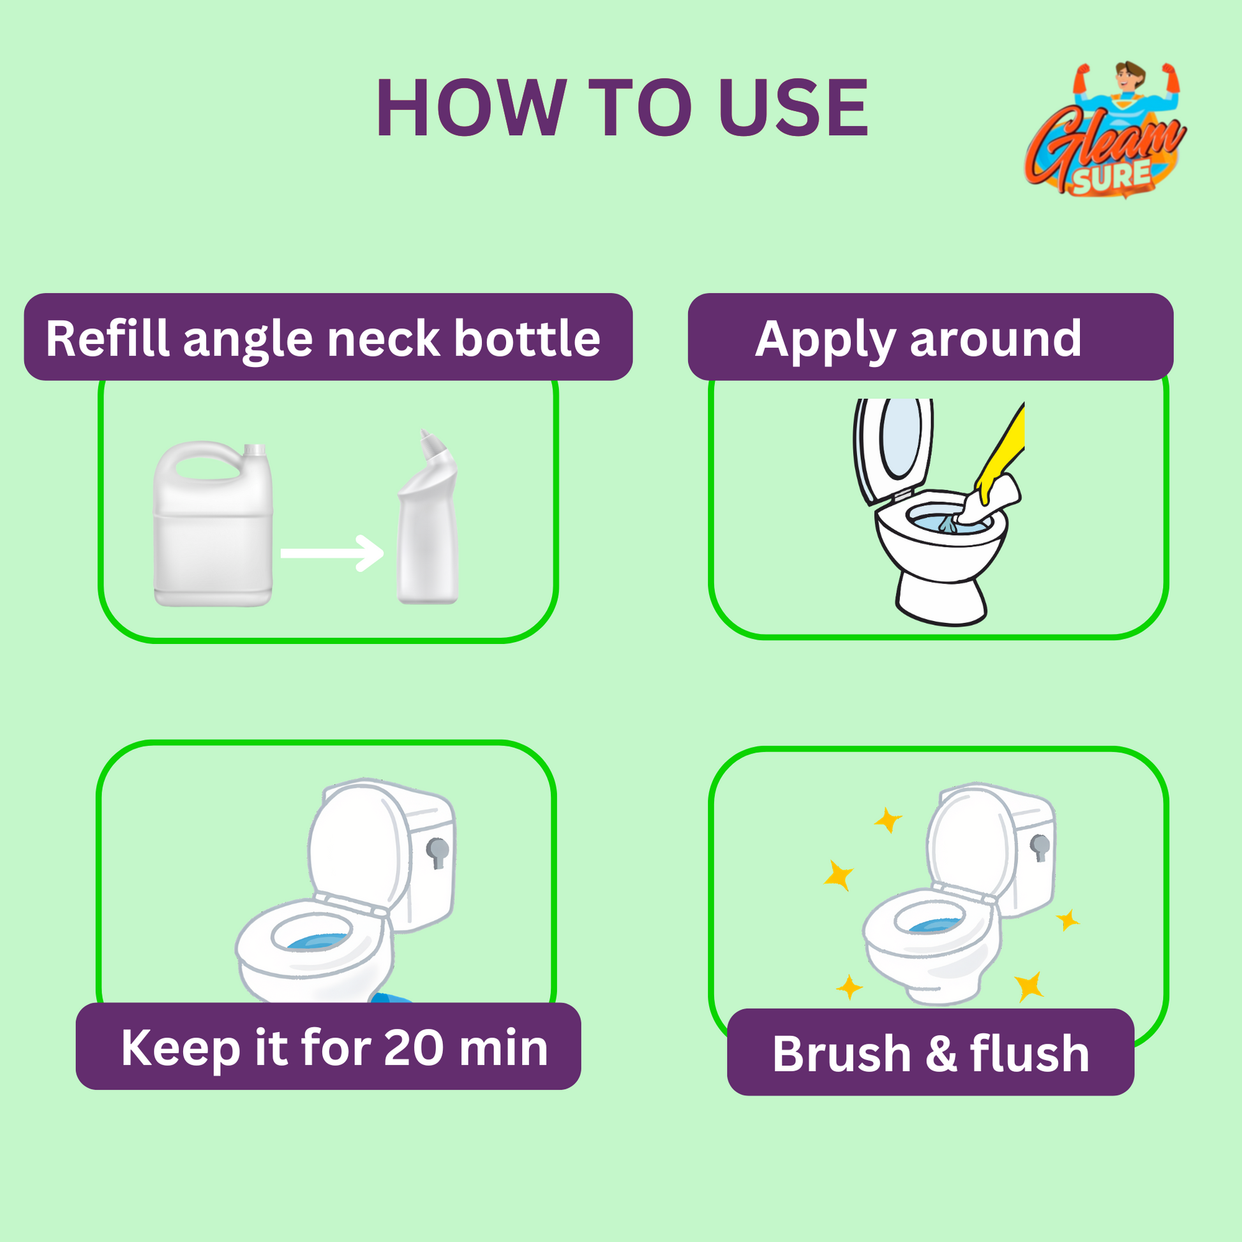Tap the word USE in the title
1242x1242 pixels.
(793, 107)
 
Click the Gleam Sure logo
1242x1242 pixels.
(1104, 131)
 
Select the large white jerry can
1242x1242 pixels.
(213, 534)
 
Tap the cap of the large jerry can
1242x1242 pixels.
(255, 451)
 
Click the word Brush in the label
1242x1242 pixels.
(841, 1054)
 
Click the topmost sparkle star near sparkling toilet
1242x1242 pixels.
(888, 819)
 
